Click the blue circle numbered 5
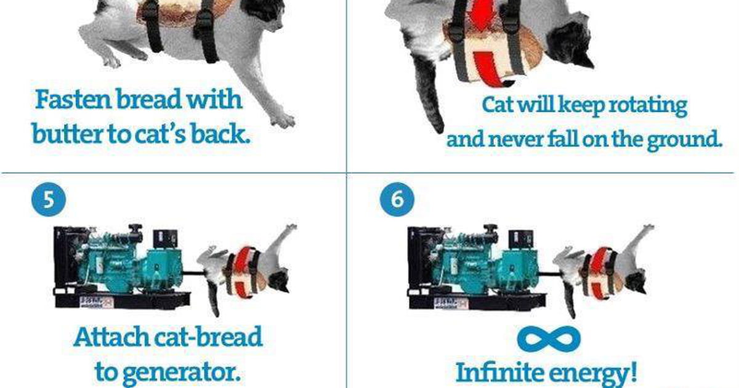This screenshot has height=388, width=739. pos(49,200)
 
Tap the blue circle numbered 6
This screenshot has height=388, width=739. pos(397,200)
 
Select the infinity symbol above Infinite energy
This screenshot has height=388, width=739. pos(549,339)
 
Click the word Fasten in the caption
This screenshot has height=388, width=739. pos(73,99)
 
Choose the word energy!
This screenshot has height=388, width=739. pos(596,373)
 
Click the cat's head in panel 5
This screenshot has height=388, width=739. pos(279,280)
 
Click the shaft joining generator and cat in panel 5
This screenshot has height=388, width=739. pos(193,273)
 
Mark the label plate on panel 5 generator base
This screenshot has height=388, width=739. pos(96,302)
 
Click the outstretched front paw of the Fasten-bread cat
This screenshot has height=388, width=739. pos(283,121)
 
